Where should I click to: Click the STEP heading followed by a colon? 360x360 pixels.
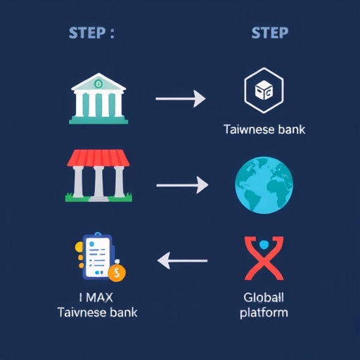point(91,32)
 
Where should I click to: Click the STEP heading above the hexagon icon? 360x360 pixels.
point(270,32)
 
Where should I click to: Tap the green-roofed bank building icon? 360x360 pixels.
point(98,98)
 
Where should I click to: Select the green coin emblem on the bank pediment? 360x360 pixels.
point(98,83)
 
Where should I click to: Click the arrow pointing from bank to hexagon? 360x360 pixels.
point(181,98)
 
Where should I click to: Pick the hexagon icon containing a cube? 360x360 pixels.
point(264,91)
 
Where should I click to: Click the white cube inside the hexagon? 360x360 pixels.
point(264,90)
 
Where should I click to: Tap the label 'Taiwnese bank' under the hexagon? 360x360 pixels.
point(264,129)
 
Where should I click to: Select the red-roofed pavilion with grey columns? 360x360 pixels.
point(98,176)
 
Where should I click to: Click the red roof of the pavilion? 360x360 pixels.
point(98,158)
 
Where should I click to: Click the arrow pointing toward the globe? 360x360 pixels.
point(182,185)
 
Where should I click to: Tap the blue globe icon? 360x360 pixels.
point(264,185)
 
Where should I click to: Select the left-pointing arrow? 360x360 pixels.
point(182,261)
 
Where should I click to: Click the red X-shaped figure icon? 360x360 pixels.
point(264,258)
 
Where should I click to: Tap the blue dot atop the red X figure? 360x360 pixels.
point(264,245)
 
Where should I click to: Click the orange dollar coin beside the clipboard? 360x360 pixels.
point(117,273)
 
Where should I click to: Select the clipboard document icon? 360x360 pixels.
point(98,256)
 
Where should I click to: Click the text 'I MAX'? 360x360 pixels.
point(96,297)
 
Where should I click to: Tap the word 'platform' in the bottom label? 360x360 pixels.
point(264,313)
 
